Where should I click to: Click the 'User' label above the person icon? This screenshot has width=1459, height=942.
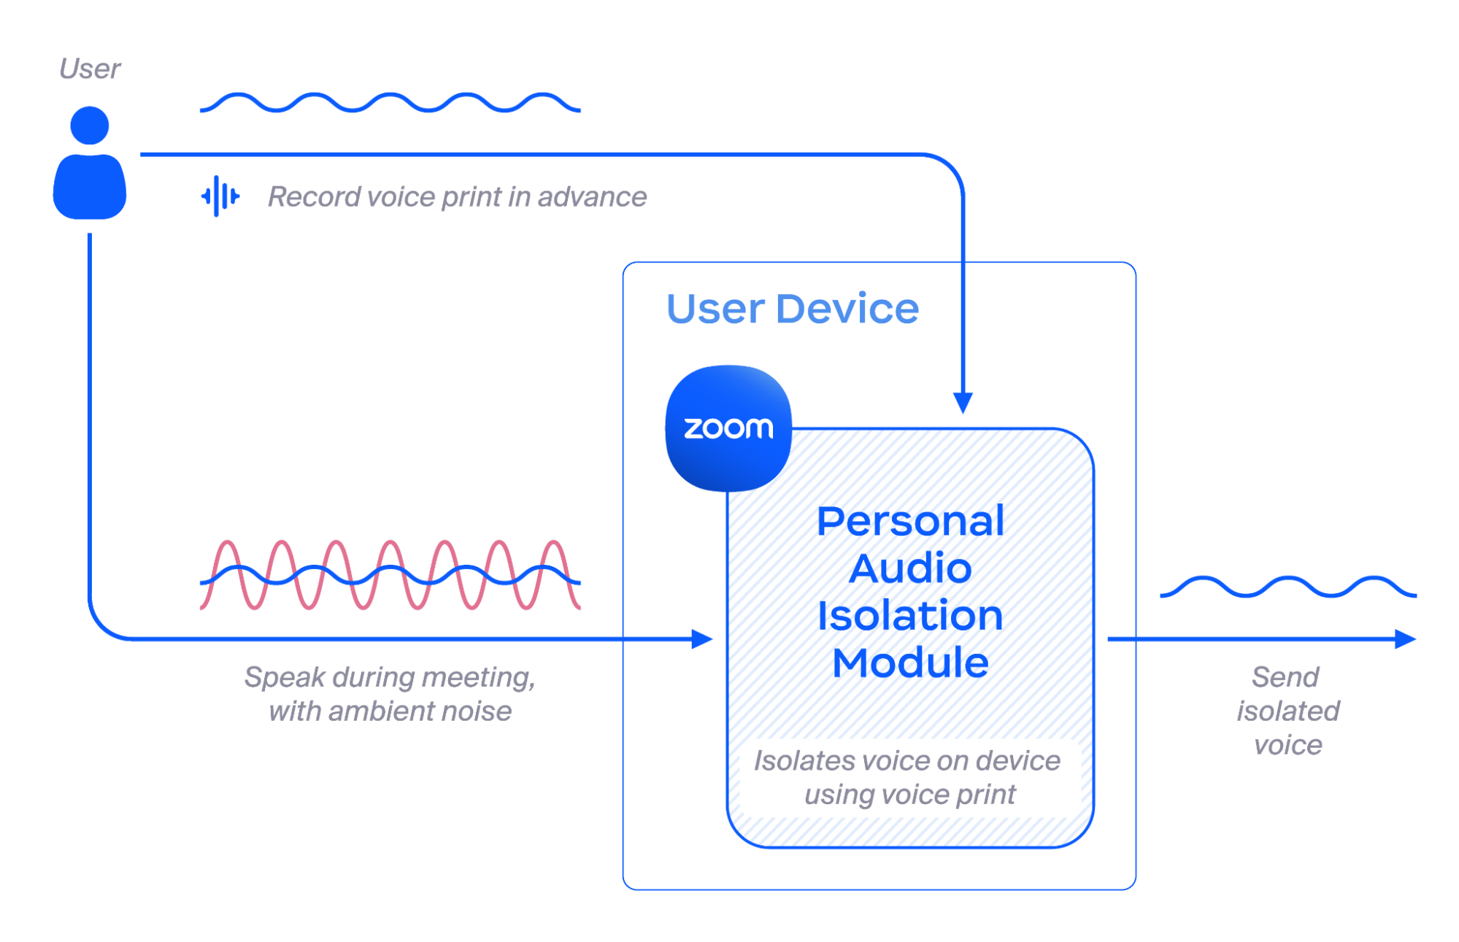(90, 69)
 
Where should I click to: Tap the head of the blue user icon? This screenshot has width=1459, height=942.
(90, 126)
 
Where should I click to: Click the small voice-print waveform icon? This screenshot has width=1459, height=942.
(220, 196)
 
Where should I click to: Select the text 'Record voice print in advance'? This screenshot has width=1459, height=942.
(457, 197)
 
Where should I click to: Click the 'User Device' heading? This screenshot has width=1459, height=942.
(793, 309)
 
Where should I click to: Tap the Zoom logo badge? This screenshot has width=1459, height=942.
(728, 428)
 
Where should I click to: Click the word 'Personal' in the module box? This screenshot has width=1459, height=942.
(910, 521)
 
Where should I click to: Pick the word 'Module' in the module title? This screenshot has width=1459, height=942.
(910, 663)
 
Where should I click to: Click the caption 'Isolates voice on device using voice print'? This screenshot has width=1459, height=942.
(908, 777)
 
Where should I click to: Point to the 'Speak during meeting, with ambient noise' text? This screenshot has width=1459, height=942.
(390, 694)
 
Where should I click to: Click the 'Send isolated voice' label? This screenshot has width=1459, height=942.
(1287, 710)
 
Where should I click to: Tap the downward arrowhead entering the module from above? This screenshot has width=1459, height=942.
(963, 402)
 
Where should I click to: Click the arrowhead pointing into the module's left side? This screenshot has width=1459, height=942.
(701, 639)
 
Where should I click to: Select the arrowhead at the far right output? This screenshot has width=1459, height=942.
(1405, 639)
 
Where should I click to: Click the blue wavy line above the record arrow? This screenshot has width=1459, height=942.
(390, 102)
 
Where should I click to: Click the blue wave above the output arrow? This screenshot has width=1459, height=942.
(1287, 586)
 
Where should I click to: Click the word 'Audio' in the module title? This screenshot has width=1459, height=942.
(910, 568)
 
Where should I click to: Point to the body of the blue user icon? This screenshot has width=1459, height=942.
(90, 187)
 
